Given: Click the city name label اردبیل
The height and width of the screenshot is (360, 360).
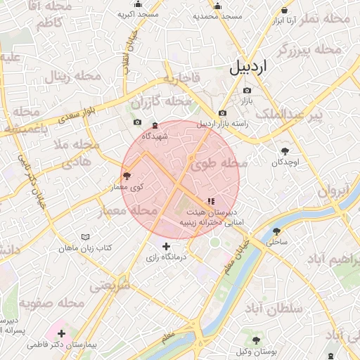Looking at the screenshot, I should [249, 67].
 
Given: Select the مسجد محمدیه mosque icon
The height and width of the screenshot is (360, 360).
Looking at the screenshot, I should [217, 5].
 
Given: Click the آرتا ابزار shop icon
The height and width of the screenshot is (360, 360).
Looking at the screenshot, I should [284, 10].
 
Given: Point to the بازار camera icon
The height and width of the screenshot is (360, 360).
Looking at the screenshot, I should [247, 91].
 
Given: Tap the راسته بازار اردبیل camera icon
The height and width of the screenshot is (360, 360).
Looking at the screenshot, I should [223, 113].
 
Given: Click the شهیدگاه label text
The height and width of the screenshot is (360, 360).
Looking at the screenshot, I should [155, 136].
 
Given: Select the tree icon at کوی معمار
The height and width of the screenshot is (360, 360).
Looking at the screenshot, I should [127, 176].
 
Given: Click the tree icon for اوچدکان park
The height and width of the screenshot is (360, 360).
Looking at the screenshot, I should [285, 151].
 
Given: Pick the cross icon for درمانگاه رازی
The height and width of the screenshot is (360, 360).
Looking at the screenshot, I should [166, 247].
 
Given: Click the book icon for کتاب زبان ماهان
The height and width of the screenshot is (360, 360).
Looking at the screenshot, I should [86, 238].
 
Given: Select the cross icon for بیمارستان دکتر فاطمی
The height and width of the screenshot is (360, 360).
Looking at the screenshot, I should [62, 334].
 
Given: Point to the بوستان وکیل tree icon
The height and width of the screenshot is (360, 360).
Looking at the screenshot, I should [256, 340].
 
